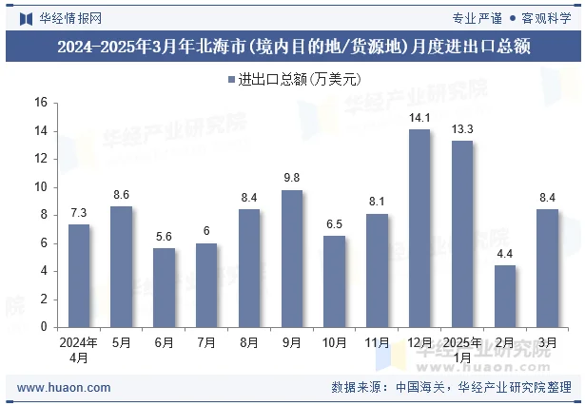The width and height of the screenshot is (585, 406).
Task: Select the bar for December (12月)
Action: [419, 228]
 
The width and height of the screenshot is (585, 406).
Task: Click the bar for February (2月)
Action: [505, 296]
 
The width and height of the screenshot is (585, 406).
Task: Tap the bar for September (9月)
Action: [292, 259]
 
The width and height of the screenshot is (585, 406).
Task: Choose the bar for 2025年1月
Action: [462, 234]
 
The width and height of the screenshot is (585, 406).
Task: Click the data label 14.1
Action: [419, 118]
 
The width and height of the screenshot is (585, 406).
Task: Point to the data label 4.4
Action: [505, 254]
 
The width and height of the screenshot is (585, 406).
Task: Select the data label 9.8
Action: [292, 179]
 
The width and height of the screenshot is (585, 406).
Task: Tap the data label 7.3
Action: [79, 213]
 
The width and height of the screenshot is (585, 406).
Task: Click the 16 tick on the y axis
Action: [40, 103]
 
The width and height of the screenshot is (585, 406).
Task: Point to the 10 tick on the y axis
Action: [40, 187]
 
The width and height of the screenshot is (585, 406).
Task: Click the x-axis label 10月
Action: [335, 342]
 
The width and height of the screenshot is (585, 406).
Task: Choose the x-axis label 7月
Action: [206, 342]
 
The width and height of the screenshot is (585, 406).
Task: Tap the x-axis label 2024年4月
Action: [79, 350]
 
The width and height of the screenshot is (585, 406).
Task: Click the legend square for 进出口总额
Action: [231, 79]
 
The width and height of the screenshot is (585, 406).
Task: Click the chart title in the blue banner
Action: [292, 45]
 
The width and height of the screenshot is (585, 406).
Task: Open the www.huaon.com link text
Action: [64, 388]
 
